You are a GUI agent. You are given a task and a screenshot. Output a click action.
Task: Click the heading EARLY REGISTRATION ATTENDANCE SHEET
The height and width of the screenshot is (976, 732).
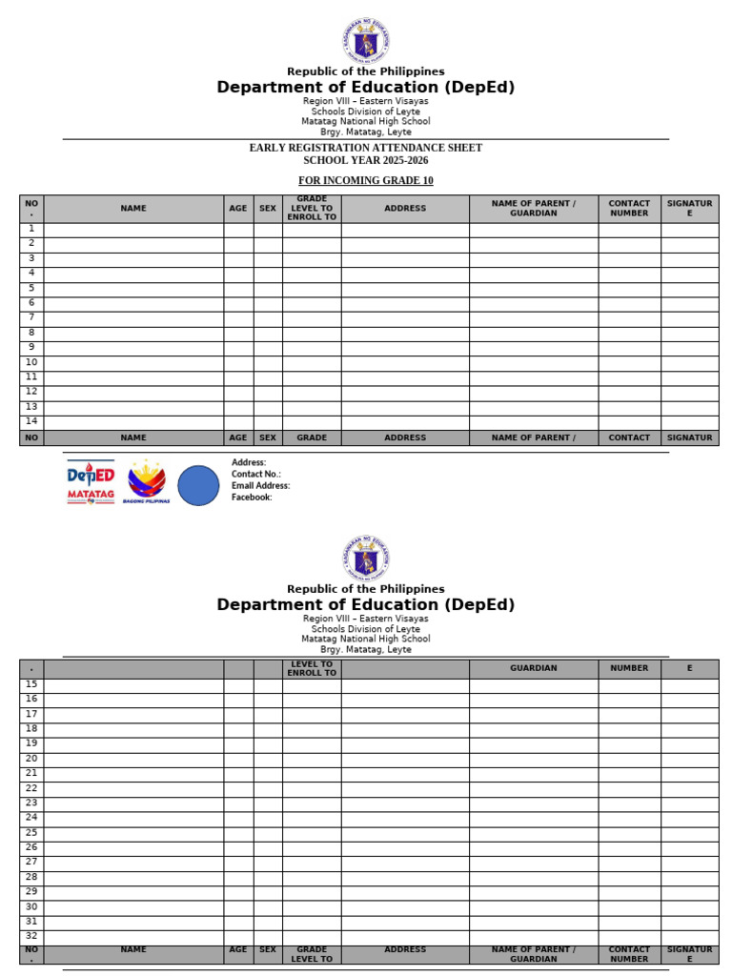click(x=365, y=148)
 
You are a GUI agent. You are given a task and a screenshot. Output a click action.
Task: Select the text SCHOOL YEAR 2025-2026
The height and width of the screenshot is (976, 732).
click(x=365, y=160)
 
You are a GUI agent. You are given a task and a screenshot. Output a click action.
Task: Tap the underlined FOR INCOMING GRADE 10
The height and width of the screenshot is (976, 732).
click(x=365, y=180)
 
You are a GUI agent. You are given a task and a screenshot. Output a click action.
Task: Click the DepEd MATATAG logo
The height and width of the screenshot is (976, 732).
click(x=91, y=482)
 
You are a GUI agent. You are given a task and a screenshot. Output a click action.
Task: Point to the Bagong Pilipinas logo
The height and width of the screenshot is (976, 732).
click(x=147, y=482)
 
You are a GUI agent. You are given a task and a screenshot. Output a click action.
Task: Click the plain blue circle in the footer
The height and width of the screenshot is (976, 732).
click(x=198, y=485)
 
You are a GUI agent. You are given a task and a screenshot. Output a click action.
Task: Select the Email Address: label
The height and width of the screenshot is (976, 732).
click(x=260, y=485)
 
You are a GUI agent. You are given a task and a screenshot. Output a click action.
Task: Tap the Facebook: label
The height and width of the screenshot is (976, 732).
click(x=252, y=497)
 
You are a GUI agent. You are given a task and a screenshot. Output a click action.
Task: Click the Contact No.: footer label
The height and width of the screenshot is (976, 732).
click(x=255, y=474)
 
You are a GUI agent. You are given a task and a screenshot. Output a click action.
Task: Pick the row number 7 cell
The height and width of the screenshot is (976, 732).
click(x=31, y=317)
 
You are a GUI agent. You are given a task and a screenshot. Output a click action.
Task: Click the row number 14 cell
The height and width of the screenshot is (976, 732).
click(x=31, y=421)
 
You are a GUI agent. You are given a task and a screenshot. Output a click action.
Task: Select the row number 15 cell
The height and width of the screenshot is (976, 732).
click(x=31, y=684)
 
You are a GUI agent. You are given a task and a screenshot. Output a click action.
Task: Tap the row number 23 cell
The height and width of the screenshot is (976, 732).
click(x=31, y=803)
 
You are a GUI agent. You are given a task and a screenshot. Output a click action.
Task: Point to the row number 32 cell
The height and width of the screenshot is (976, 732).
click(x=31, y=936)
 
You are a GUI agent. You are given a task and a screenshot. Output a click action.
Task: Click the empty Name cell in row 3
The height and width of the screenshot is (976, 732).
click(x=133, y=259)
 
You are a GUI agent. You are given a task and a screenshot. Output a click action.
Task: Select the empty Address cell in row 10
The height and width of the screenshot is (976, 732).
click(x=405, y=363)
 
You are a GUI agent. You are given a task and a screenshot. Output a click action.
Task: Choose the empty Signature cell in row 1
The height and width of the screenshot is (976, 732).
click(x=689, y=230)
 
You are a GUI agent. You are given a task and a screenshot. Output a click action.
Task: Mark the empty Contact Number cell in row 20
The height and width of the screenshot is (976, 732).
click(x=629, y=759)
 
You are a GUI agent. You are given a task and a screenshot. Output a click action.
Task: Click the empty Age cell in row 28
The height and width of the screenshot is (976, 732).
click(x=238, y=877)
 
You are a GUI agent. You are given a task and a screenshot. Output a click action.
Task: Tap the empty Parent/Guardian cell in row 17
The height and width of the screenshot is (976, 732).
click(x=533, y=714)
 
